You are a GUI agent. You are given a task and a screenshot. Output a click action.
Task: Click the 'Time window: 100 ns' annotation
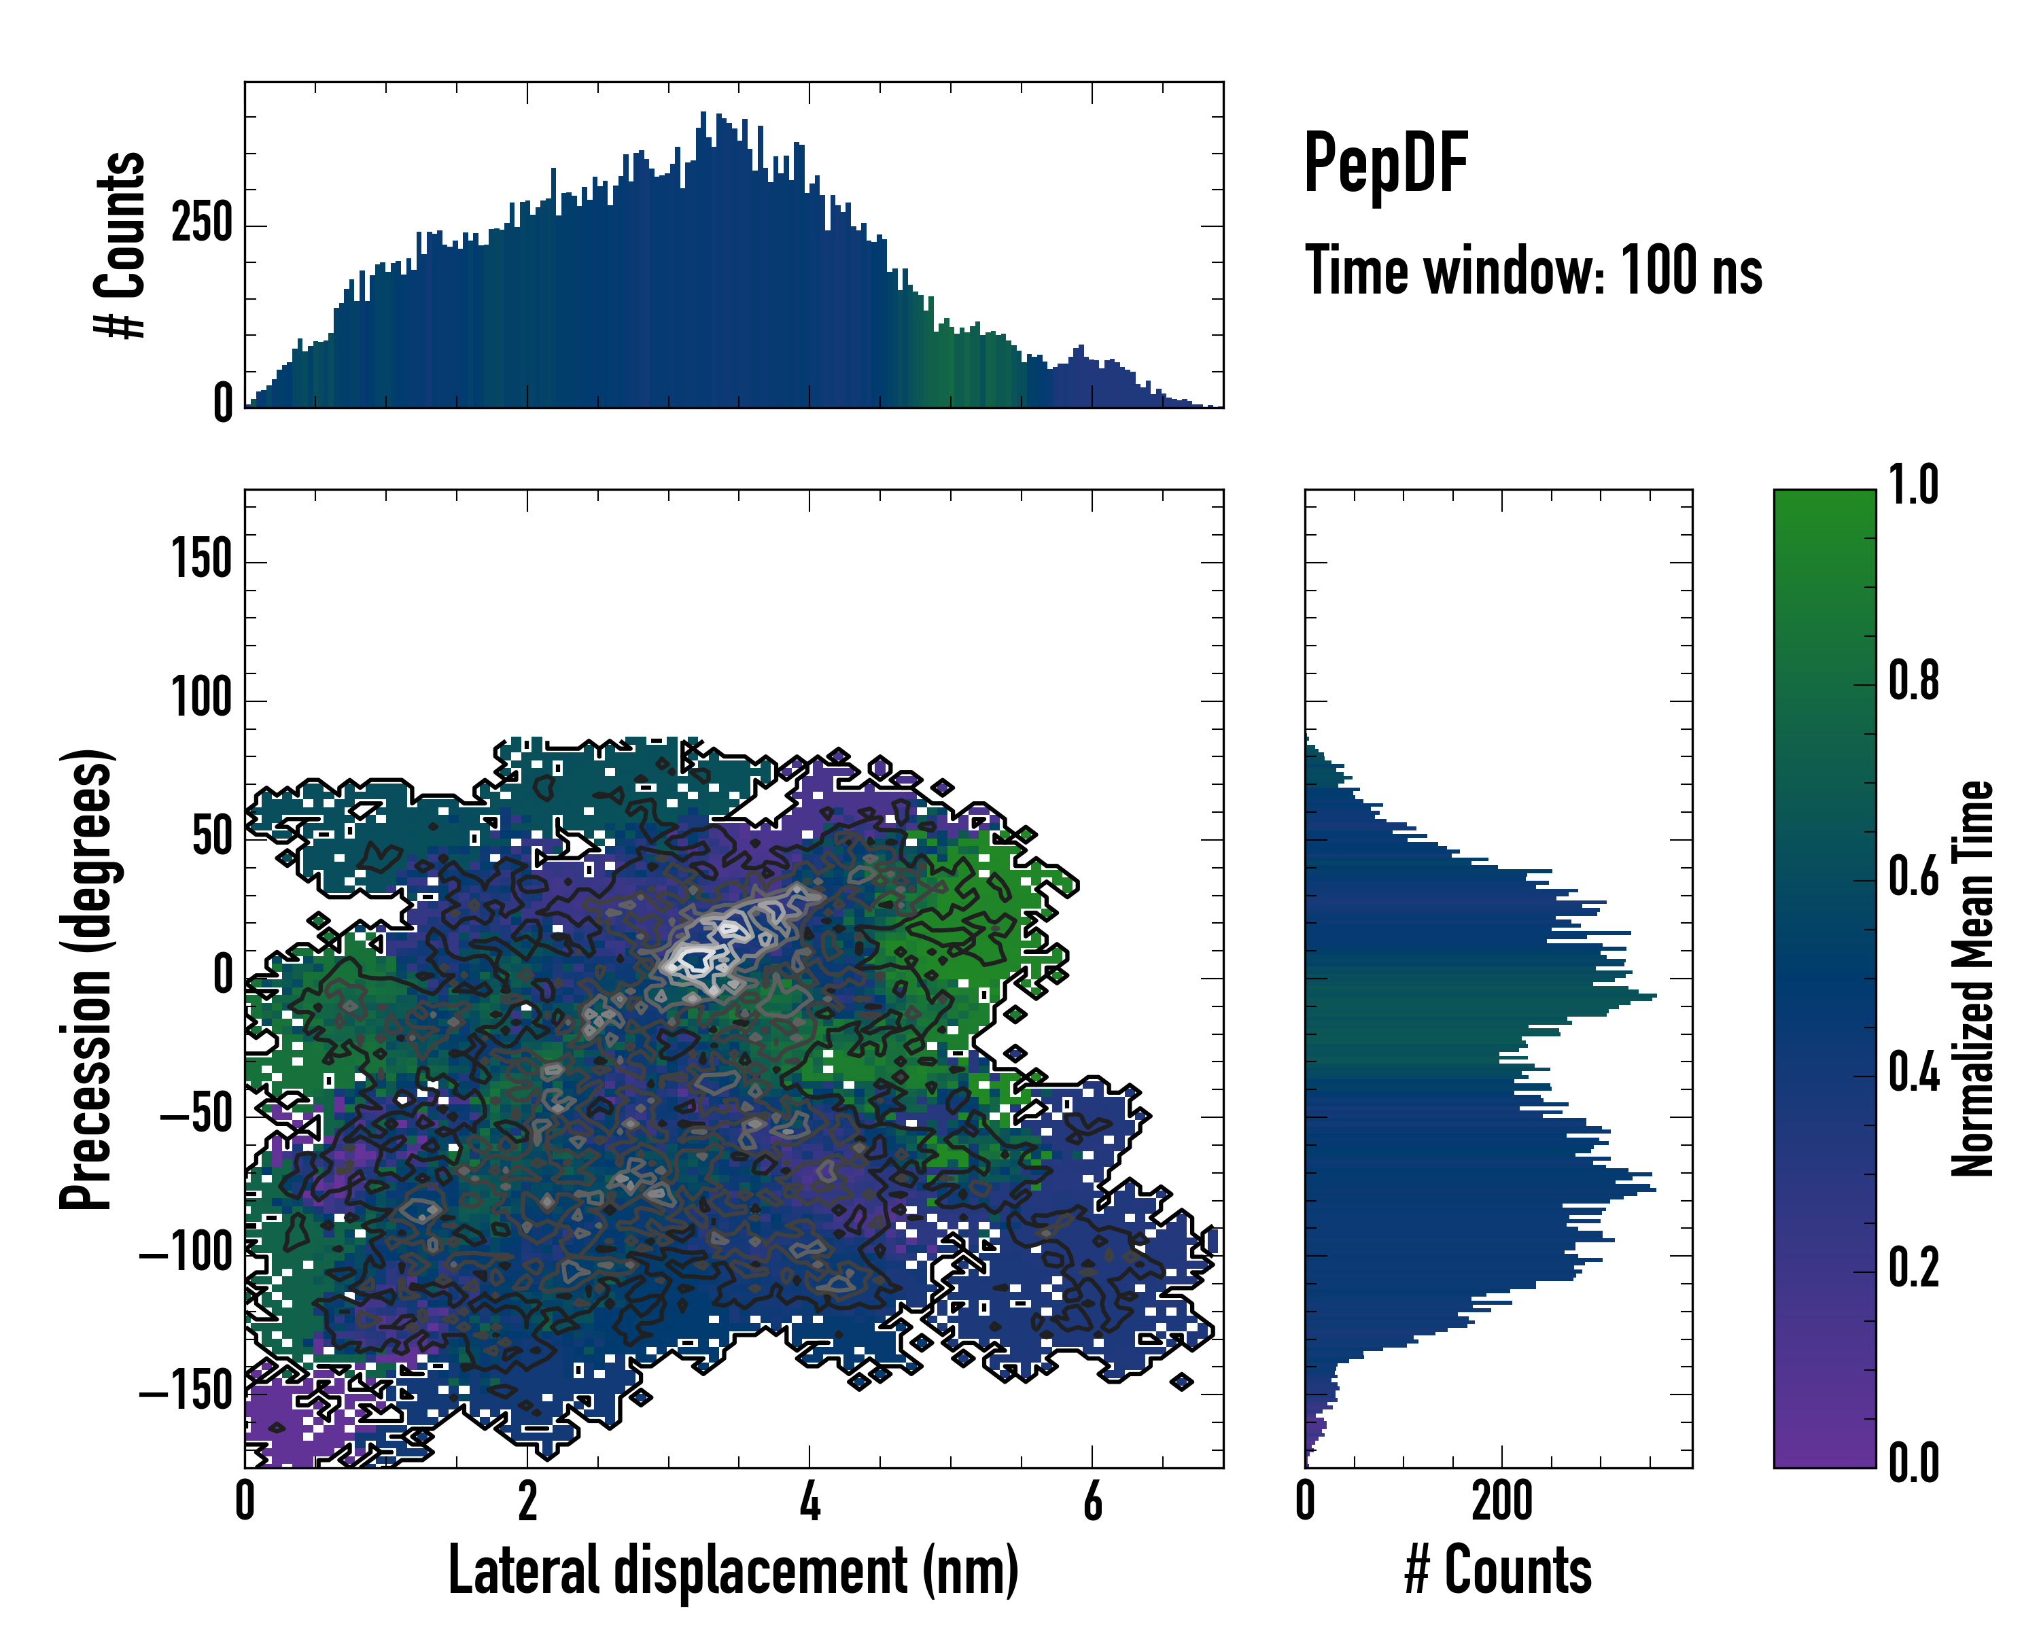click(x=1533, y=271)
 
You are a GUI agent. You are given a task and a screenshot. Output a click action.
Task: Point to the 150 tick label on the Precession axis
click(x=201, y=560)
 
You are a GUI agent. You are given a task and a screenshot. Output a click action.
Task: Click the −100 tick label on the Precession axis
click(x=186, y=1254)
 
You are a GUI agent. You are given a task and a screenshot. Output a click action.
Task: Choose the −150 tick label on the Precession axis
click(x=186, y=1392)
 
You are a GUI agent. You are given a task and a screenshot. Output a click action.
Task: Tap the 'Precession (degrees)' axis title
click(x=87, y=979)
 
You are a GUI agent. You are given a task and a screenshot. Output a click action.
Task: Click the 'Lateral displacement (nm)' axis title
click(x=733, y=1571)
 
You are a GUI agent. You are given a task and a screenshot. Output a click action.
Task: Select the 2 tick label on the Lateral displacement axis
click(x=527, y=1501)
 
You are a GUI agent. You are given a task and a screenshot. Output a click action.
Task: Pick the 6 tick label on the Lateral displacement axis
click(x=1092, y=1501)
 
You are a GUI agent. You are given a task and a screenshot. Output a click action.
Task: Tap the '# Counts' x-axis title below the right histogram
click(x=1498, y=1571)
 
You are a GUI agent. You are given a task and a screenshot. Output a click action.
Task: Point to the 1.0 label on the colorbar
click(x=1913, y=486)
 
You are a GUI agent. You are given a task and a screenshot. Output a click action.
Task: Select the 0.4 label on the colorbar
click(x=1913, y=1074)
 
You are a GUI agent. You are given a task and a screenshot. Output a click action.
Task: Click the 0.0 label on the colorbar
click(x=1913, y=1464)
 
